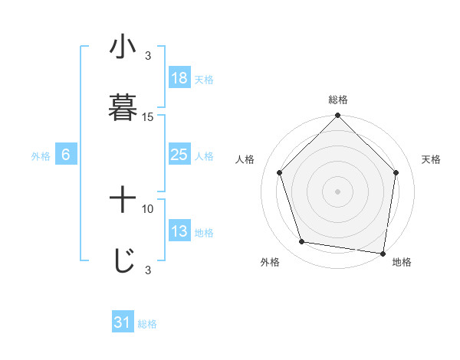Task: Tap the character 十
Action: coord(123,201)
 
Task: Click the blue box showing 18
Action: coord(179,78)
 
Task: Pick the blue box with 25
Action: coord(179,155)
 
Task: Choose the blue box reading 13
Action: coord(179,231)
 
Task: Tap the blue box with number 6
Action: coord(66,155)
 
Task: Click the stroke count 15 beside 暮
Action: coord(148,117)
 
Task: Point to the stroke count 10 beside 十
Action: coord(148,208)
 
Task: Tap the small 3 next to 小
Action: coord(148,55)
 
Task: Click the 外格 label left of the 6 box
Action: coord(41,156)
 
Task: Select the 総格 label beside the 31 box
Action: coord(147,324)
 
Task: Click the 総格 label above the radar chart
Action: coord(338,100)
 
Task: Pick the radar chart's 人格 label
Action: coord(245,159)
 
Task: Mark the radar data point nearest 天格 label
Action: coord(396,173)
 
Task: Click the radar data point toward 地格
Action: coord(383,253)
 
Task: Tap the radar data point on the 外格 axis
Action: coord(302,242)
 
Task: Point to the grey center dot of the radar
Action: coord(338,191)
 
